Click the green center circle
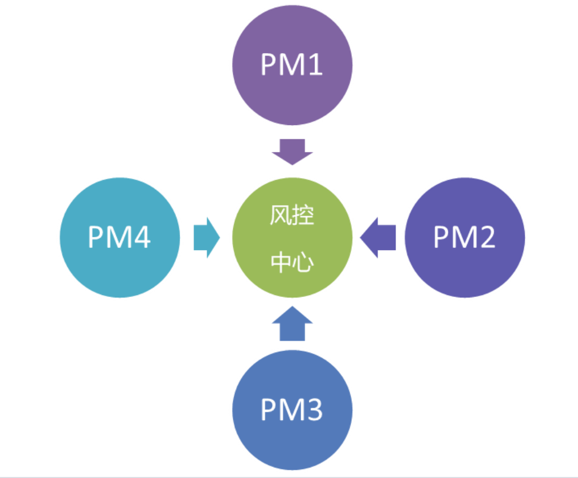point(292,238)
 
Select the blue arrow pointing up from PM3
point(292,325)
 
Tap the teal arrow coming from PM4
point(206,238)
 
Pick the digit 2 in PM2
point(486,237)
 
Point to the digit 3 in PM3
point(313,411)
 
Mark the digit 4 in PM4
point(142,237)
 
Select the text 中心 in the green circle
point(292,263)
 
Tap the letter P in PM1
point(268,65)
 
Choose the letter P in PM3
point(268,411)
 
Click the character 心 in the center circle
point(303,263)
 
